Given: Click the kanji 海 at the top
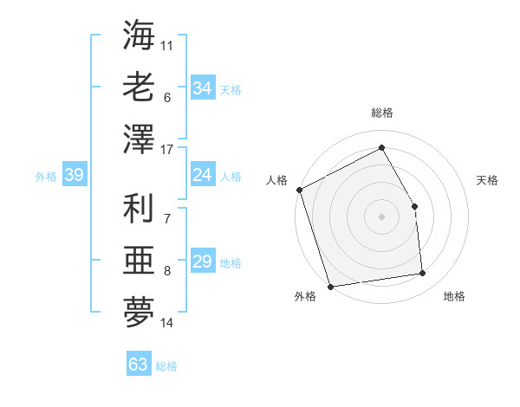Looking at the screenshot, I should point(139,37).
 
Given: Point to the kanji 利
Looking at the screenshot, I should point(139,210).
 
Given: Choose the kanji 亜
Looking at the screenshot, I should point(139,260).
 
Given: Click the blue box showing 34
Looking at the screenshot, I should point(202,87).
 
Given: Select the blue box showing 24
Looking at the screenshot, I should point(202,175).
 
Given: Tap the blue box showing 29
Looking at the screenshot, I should point(202,262).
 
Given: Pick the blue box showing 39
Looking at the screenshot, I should point(74,175).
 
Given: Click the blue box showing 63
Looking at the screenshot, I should point(139,364).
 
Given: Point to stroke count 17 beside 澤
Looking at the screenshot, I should point(168,150).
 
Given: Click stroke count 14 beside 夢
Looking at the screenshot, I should point(167,323).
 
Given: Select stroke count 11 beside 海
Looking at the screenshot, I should point(167,43).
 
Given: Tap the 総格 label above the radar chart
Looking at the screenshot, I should point(381,113).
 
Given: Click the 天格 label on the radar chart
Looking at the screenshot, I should point(487,180).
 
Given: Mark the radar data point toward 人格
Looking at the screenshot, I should point(299,190).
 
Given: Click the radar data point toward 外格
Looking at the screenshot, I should point(330,286).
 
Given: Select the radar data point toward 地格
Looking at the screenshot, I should point(423,274).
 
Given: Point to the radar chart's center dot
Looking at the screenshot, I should point(381,216).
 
